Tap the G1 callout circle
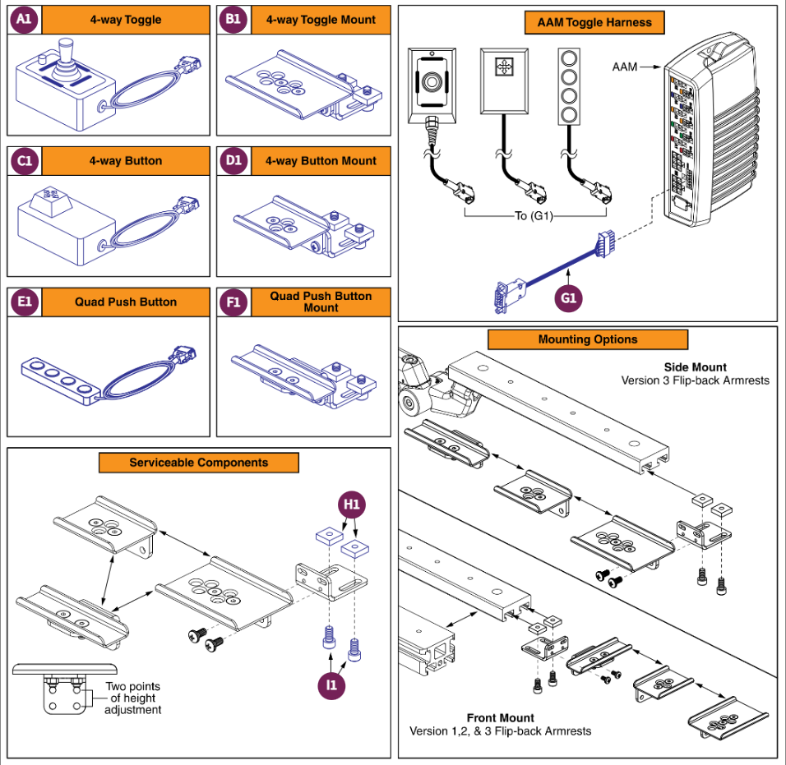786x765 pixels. (x=569, y=298)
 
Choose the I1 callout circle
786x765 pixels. (x=332, y=684)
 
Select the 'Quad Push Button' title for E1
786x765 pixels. (x=125, y=302)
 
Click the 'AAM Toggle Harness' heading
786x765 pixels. (x=594, y=22)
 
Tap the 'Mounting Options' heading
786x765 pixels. (x=587, y=339)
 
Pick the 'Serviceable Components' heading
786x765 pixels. (x=198, y=463)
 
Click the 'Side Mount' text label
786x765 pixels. (x=695, y=367)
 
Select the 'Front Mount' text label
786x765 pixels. (x=500, y=717)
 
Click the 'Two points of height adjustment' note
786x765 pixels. (x=132, y=698)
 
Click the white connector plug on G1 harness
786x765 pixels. (x=608, y=242)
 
